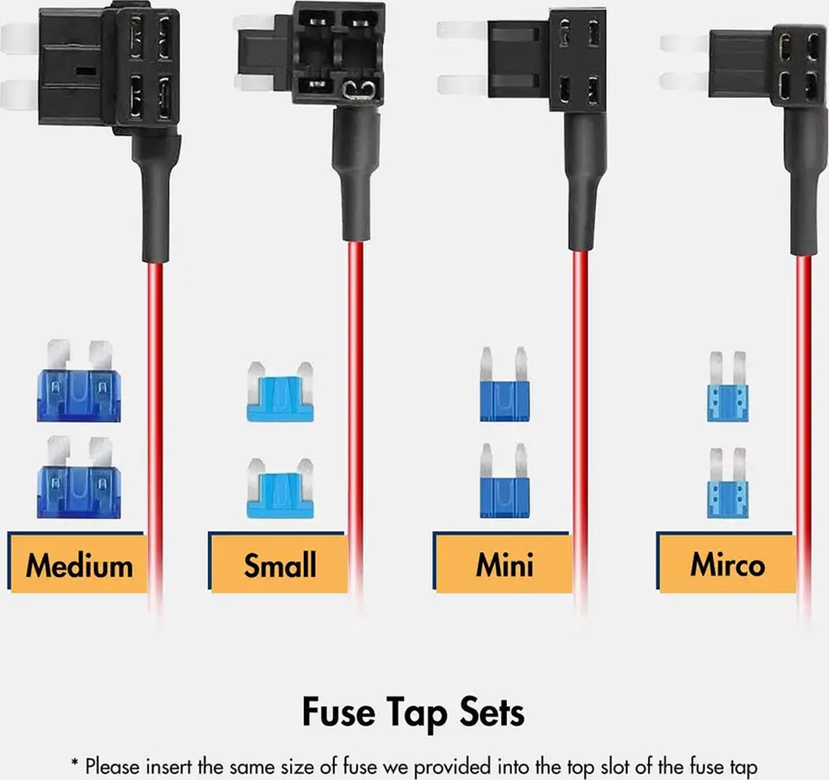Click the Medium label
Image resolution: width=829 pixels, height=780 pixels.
tap(79, 566)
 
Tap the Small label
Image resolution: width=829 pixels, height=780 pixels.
tap(280, 565)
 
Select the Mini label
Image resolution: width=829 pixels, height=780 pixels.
tap(505, 565)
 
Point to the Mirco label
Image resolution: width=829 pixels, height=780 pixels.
tap(727, 565)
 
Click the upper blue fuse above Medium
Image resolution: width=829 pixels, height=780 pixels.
tap(79, 381)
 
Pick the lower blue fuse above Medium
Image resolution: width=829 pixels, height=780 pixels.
tap(79, 477)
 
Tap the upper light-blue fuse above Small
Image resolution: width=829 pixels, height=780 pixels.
tap(280, 392)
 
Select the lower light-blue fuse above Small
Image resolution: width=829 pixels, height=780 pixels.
tap(280, 488)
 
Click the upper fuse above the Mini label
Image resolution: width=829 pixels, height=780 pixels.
tap(505, 384)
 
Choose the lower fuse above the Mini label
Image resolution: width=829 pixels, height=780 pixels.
tap(505, 481)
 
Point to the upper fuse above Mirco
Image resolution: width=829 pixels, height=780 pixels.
tap(727, 387)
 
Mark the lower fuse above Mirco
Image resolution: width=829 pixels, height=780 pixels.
tap(727, 483)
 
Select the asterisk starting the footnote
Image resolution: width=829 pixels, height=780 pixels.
tap(75, 763)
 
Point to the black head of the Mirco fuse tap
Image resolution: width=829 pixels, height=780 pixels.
tap(768, 66)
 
